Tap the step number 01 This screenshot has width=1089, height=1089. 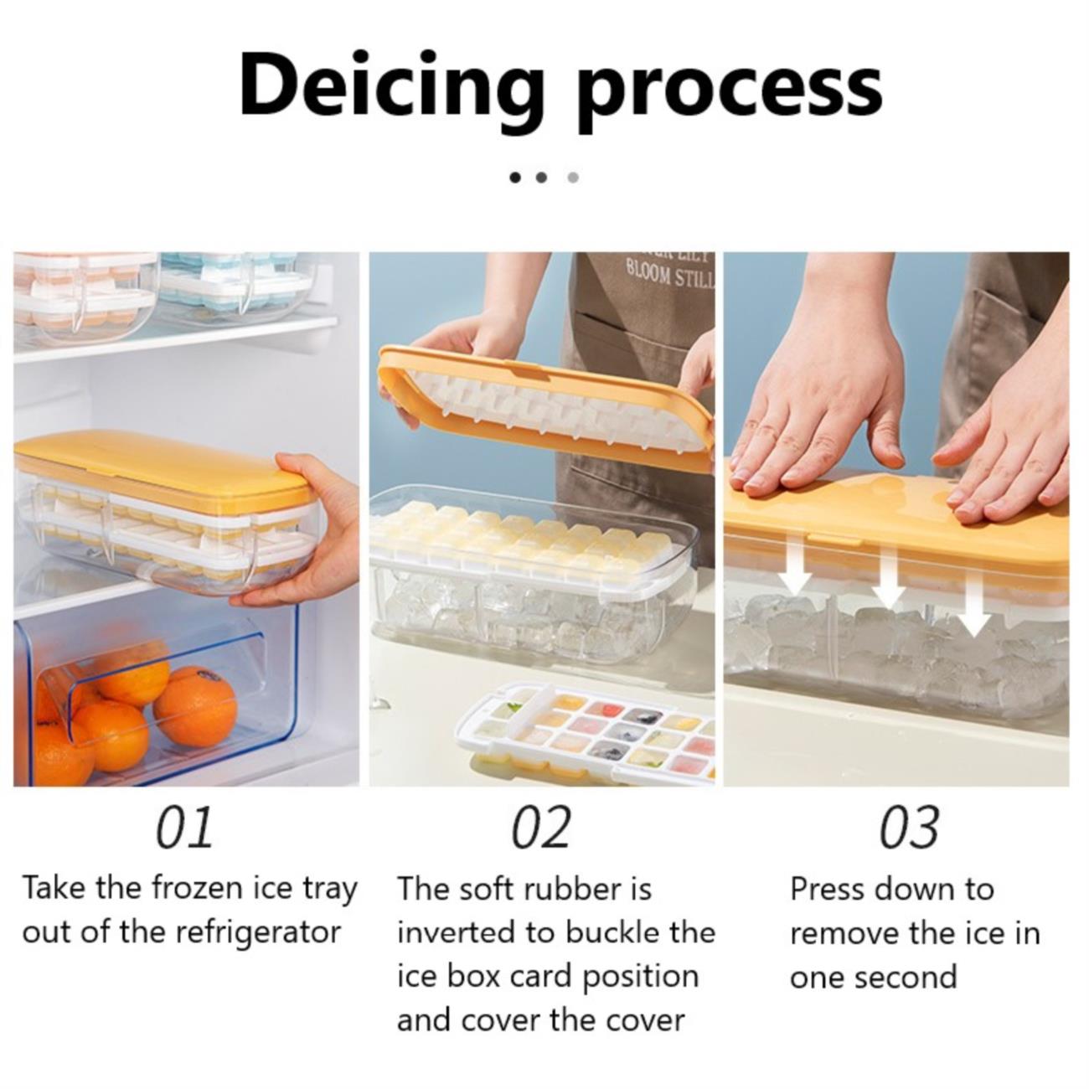coord(184,828)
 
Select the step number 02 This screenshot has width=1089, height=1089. coord(541,828)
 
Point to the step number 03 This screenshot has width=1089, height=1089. coord(908,828)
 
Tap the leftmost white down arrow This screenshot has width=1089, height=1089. coord(795,565)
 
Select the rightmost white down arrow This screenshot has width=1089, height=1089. coord(973,606)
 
